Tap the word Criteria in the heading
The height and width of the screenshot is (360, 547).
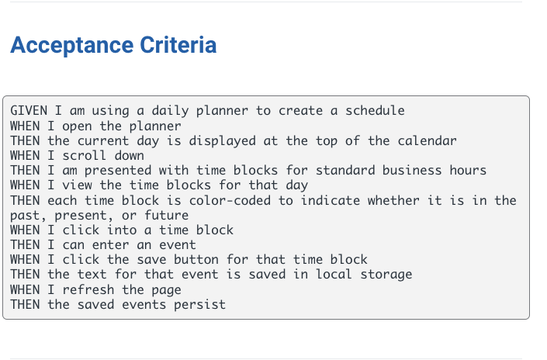point(178,45)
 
